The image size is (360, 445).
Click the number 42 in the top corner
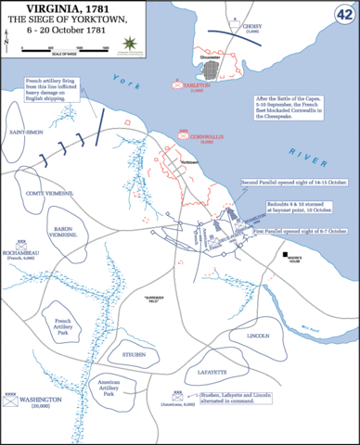[x=344, y=14]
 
